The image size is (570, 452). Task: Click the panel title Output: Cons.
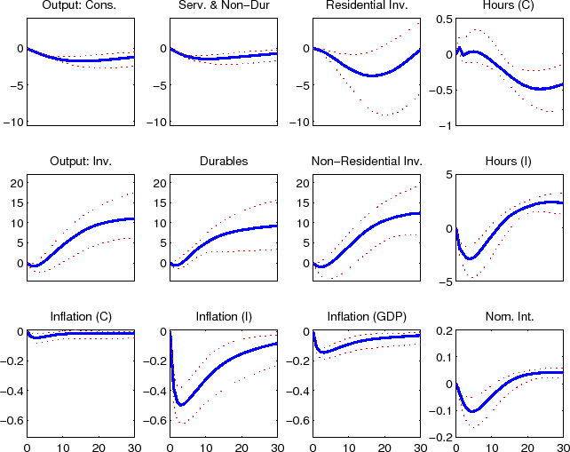click(79, 8)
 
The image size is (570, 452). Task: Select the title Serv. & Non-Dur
click(223, 8)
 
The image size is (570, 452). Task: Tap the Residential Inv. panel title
click(366, 8)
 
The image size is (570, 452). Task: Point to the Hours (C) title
click(510, 8)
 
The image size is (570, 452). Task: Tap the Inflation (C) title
click(79, 318)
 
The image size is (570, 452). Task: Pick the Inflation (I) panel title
click(223, 318)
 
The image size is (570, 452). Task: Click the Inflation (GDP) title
click(366, 318)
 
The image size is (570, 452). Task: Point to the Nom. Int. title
click(510, 318)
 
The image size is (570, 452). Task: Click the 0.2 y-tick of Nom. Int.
click(442, 330)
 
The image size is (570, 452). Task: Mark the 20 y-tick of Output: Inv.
click(15, 183)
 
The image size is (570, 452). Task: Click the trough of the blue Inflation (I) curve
click(181, 405)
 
